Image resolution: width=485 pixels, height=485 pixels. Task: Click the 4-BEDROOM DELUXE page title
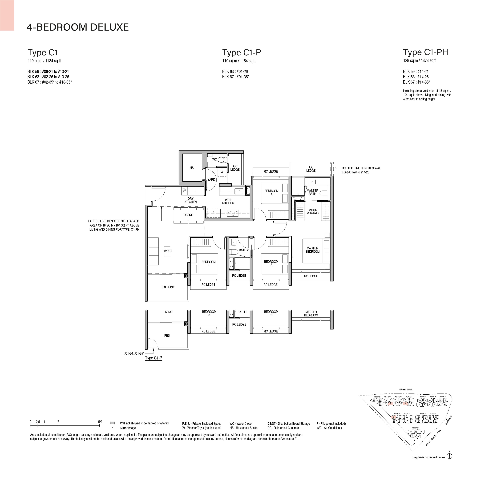point(78,27)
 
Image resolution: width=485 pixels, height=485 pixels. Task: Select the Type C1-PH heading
point(425,52)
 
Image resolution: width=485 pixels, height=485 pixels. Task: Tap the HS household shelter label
point(192,168)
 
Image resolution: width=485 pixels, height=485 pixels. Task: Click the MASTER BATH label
point(313,192)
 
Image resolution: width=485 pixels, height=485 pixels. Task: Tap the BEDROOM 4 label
point(271,192)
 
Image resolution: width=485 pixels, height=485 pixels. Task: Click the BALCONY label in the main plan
point(168,287)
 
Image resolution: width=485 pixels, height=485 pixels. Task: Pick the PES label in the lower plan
point(167,335)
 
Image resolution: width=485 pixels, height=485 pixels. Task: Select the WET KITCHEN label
point(228,202)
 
